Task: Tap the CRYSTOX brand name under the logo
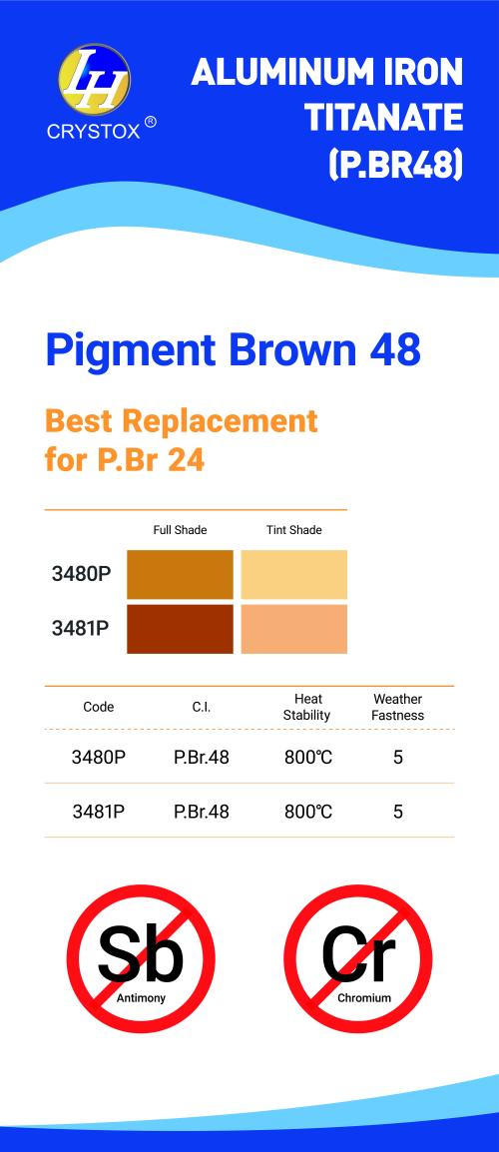[x=95, y=129]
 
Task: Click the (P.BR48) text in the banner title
[x=395, y=163]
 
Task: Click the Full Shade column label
[x=180, y=530]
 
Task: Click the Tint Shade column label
[x=293, y=530]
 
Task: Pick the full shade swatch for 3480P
[x=180, y=574]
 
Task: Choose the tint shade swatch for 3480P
[x=293, y=574]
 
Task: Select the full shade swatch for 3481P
[x=180, y=629]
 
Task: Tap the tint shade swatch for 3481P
[x=293, y=629]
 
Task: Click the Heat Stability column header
[x=308, y=707]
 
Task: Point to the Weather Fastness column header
[x=397, y=707]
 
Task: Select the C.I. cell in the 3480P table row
[x=201, y=758]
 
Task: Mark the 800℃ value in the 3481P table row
[x=308, y=812]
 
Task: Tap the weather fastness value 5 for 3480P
[x=398, y=758]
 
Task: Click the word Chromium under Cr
[x=363, y=998]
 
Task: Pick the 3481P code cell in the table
[x=99, y=812]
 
